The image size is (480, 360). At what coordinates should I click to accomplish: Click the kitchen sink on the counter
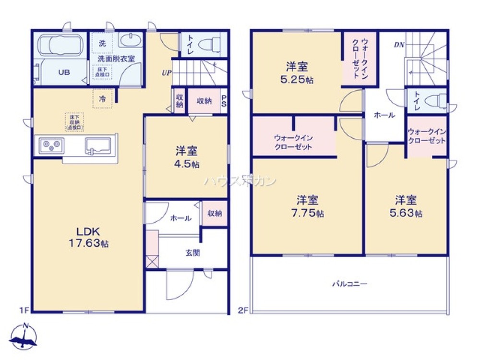click(x=97, y=145)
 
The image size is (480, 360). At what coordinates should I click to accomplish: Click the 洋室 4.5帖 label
click(x=187, y=157)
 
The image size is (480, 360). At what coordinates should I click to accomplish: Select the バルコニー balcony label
click(x=350, y=284)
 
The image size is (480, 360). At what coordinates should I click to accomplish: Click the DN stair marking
click(x=398, y=46)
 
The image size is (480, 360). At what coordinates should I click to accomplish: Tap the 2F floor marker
click(x=243, y=310)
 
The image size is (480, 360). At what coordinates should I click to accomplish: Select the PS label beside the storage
click(x=224, y=101)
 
